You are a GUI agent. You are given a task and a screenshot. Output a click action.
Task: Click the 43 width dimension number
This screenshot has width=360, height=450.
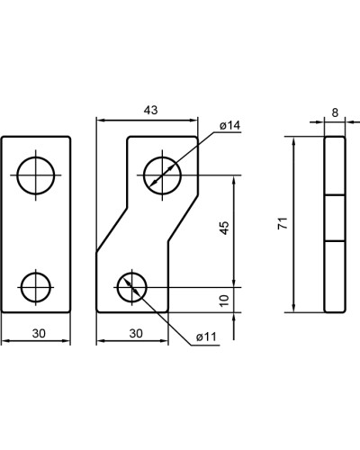(x=150, y=111)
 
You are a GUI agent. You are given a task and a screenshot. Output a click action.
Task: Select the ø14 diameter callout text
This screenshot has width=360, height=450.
(x=230, y=126)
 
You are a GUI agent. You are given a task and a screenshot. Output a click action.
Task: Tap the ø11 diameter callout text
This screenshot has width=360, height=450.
(x=206, y=337)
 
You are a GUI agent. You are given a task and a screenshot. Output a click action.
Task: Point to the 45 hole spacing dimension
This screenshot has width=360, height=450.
(x=224, y=228)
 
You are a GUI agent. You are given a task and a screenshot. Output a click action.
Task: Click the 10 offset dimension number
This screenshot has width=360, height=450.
(x=224, y=301)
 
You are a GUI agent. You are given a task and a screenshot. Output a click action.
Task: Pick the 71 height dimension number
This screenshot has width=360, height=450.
(x=283, y=223)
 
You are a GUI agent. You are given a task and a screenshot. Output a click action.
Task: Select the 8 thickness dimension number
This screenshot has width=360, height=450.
(x=335, y=112)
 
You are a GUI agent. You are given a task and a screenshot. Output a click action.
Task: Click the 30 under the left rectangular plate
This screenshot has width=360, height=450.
(x=39, y=333)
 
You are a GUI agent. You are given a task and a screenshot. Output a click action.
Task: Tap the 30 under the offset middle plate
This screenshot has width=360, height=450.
(x=136, y=333)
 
